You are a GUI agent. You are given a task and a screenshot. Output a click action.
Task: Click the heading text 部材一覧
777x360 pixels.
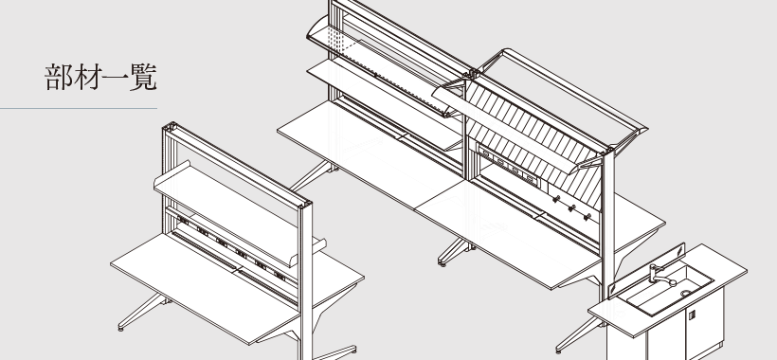101,78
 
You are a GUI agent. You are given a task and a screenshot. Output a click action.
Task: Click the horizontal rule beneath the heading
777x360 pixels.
79,108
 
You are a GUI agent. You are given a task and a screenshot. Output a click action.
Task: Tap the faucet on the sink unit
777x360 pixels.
660,276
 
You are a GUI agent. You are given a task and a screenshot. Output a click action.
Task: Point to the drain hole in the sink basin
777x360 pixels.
686,293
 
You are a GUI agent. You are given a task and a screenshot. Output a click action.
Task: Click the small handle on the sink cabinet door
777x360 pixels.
692,315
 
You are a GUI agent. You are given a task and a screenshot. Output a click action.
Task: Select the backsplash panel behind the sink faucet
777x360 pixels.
646,270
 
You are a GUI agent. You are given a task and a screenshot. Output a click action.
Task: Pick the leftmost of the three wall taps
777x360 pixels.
556,200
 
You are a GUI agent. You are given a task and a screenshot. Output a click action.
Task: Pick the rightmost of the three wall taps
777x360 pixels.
587,216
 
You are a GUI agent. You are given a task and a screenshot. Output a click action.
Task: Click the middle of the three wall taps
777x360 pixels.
571,208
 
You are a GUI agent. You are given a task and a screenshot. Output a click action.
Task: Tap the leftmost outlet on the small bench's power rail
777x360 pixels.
183,221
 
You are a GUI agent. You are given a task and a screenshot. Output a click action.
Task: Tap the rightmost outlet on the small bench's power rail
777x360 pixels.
280,277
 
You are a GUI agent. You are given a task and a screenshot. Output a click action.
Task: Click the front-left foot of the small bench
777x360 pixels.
120,328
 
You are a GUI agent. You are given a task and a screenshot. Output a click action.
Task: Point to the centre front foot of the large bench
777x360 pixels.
442,263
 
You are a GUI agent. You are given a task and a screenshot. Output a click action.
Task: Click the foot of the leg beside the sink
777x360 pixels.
559,351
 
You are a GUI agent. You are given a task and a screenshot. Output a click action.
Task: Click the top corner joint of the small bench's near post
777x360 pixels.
305,205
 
